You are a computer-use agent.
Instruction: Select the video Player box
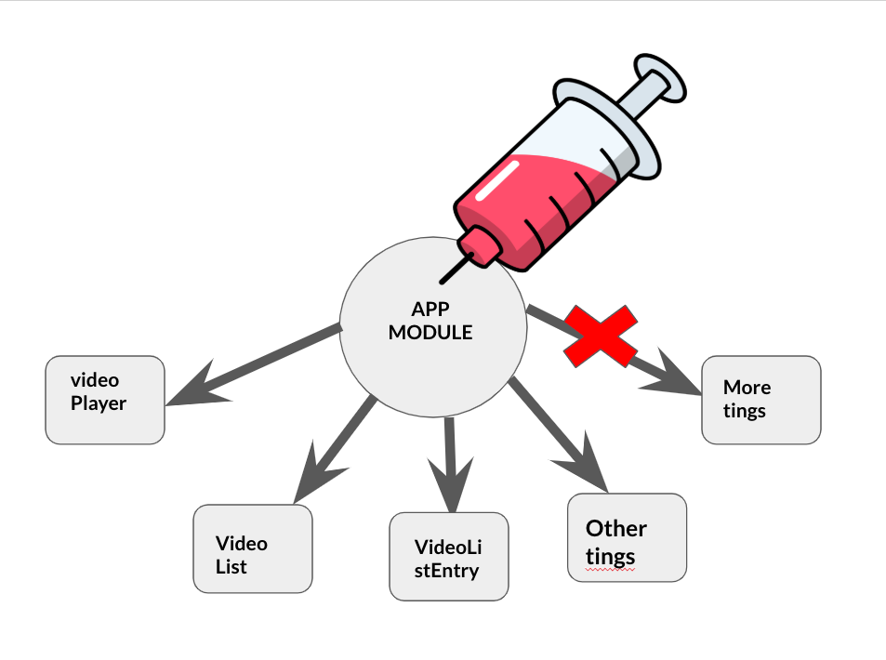[x=105, y=400]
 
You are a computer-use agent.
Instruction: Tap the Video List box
[x=252, y=548]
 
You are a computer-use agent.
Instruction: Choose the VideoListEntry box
[x=449, y=556]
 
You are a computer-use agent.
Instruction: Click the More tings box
[x=760, y=400]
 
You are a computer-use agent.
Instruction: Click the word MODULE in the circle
[x=430, y=332]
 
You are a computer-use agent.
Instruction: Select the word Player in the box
[x=99, y=403]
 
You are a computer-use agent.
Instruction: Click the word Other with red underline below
[x=615, y=529]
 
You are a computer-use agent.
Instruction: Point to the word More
[x=747, y=387]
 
